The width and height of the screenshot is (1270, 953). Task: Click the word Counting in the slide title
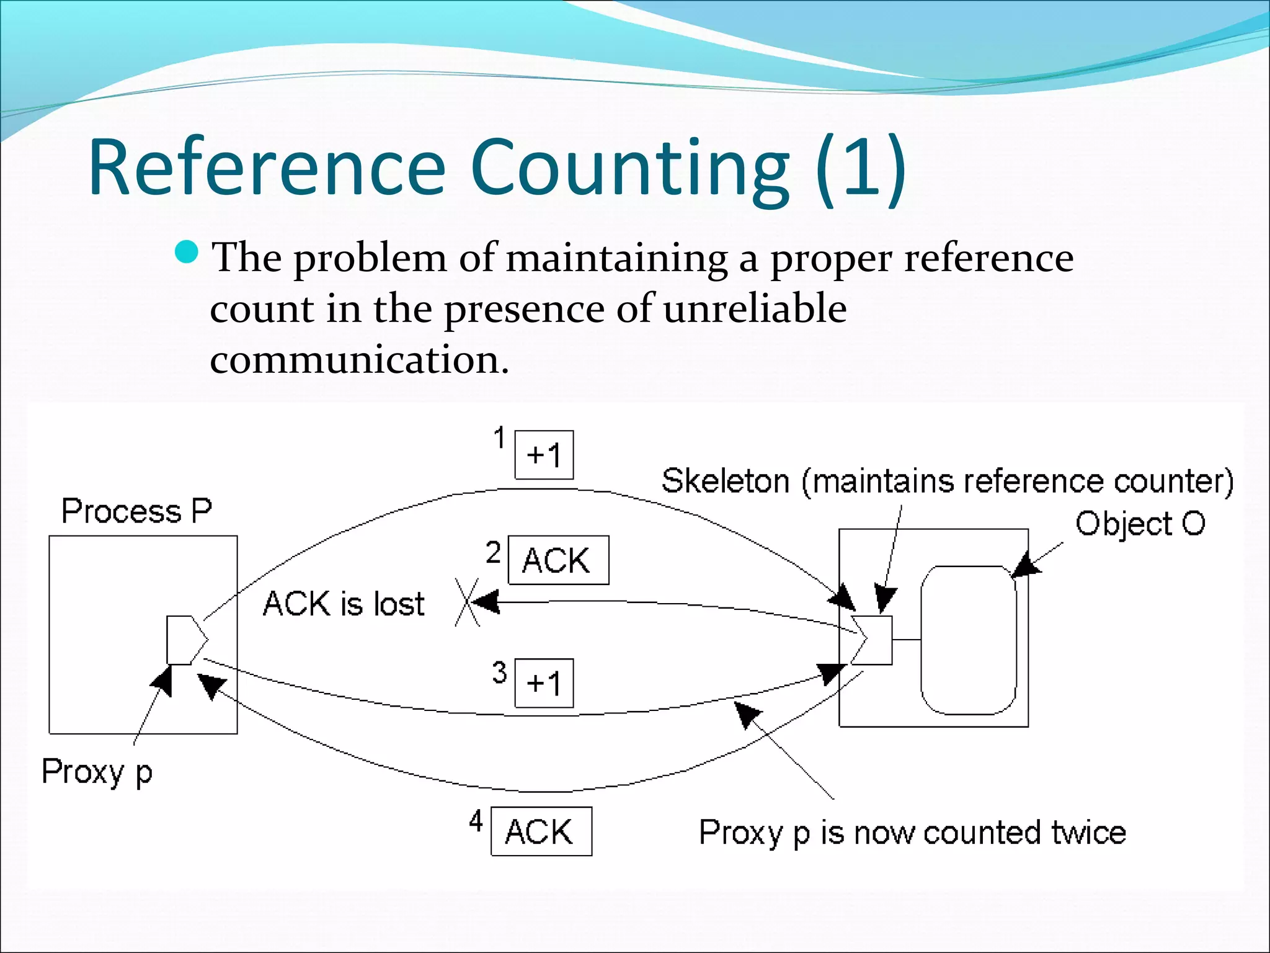click(x=629, y=169)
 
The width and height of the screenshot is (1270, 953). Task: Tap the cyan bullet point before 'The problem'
click(x=186, y=253)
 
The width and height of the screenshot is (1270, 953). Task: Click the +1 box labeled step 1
click(x=544, y=455)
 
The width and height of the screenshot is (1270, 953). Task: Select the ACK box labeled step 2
click(x=558, y=560)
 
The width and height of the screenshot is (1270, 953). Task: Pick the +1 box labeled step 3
click(x=544, y=683)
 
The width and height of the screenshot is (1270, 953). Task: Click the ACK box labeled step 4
click(x=541, y=831)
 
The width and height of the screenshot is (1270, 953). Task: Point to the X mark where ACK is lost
click(x=467, y=602)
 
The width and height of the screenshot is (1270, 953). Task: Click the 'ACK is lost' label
click(x=344, y=604)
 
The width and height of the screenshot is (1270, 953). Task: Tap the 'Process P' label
click(x=136, y=511)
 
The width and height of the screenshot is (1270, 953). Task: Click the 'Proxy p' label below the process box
click(x=97, y=772)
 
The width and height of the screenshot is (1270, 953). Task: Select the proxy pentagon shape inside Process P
click(x=185, y=640)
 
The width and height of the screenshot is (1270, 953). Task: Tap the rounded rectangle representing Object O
click(x=968, y=640)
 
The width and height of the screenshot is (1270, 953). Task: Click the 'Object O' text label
click(x=1140, y=524)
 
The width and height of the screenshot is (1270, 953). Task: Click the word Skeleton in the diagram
click(x=725, y=481)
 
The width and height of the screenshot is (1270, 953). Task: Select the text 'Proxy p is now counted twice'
click(x=912, y=833)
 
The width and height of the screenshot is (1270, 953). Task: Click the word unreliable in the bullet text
click(x=755, y=308)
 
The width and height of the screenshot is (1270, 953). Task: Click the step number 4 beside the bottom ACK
click(x=476, y=821)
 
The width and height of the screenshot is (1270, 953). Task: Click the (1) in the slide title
click(x=861, y=169)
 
